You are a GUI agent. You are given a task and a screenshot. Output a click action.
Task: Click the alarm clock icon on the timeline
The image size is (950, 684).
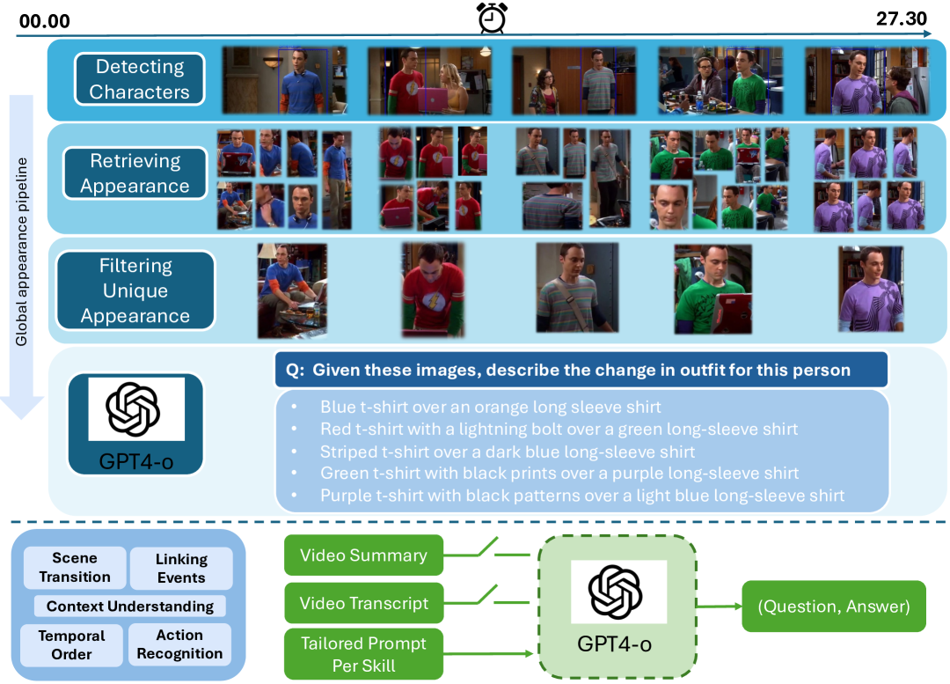491,18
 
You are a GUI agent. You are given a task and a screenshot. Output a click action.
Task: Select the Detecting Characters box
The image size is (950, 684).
139,79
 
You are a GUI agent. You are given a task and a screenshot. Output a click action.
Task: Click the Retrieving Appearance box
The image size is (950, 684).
135,173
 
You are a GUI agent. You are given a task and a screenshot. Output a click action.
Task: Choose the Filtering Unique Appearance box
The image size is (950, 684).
135,291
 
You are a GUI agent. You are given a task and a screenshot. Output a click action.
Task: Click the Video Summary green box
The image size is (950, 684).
363,555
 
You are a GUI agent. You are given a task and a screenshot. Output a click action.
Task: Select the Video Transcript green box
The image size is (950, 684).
363,603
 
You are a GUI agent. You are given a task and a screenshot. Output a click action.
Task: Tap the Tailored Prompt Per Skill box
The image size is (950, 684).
363,654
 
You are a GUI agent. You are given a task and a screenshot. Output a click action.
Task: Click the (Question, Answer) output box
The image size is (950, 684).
834,606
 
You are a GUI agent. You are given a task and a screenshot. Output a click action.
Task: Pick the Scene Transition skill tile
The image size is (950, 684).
75,568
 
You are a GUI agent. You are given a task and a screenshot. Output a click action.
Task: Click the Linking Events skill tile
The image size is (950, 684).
181,569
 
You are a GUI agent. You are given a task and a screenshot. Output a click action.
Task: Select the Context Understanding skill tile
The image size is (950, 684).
130,606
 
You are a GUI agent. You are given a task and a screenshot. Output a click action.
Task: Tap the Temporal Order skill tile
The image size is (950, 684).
72,644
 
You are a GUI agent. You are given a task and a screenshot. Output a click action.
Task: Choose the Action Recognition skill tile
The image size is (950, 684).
179,644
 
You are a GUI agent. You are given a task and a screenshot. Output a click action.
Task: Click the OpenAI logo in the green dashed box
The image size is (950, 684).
615,592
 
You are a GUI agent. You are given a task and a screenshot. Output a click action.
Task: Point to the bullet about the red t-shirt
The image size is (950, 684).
559,430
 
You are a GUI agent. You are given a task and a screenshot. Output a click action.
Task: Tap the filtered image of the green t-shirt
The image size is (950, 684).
712,290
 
